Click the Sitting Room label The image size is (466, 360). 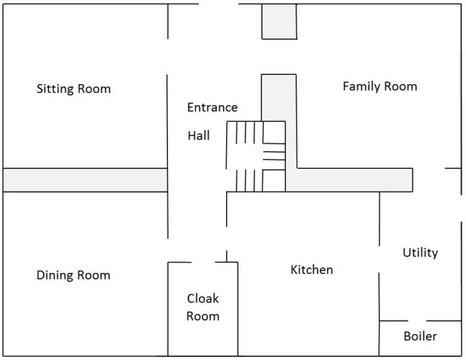coord(73,89)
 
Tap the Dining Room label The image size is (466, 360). coord(73,275)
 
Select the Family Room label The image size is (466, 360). coord(380,86)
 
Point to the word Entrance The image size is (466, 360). coord(212,107)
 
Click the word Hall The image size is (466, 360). coord(199,135)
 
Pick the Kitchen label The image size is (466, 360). coord(312,270)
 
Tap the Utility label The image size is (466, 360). coord(420,253)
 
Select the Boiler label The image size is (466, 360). coord(420,336)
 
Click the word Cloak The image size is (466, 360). coord(203,299)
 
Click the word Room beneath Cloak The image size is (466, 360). coord(203,316)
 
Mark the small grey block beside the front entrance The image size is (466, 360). coord(279,22)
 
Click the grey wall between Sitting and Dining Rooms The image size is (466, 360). coord(85,180)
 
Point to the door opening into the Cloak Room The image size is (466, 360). coord(203,262)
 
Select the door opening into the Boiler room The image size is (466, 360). coord(417,321)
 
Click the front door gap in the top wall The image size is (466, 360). coord(218,4)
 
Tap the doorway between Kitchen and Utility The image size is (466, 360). coord(379,259)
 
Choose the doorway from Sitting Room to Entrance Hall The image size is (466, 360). coord(167,57)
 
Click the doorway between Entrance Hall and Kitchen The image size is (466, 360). coord(226,239)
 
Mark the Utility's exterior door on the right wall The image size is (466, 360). coord(461,208)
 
